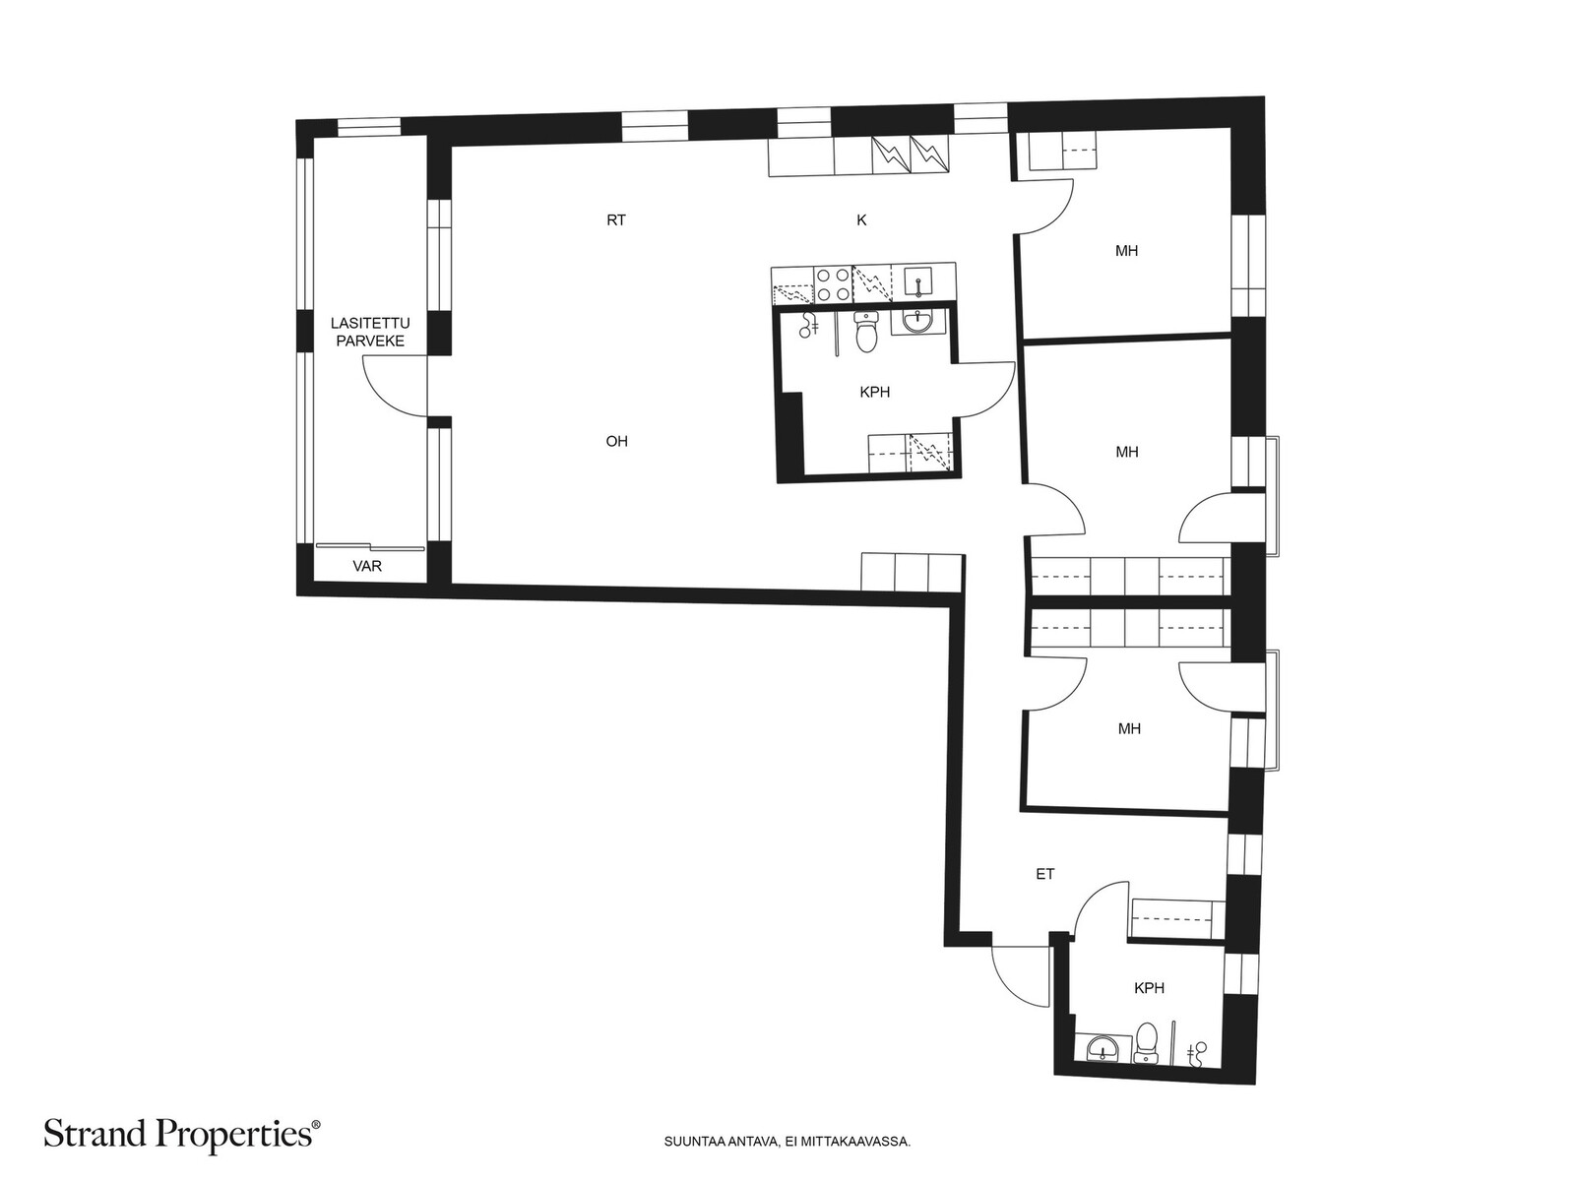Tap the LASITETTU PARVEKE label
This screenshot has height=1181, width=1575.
(370, 333)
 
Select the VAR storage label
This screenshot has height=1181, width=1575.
(366, 567)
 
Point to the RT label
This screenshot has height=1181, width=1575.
(616, 220)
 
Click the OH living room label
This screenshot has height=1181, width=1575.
(617, 442)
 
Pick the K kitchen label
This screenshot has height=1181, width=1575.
(861, 220)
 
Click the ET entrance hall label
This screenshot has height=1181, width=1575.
(1044, 874)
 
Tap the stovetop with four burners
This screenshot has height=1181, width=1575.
(833, 284)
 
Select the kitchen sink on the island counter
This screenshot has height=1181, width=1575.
(918, 281)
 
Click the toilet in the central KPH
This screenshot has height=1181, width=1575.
(867, 332)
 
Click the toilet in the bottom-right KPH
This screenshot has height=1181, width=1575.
(1146, 1041)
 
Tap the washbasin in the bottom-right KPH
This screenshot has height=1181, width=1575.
(1102, 1049)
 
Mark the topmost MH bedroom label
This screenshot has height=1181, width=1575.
(1126, 251)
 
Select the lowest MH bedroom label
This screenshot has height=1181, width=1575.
(1129, 729)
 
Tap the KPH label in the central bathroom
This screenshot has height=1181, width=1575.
(875, 393)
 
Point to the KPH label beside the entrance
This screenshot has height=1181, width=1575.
(1149, 988)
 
